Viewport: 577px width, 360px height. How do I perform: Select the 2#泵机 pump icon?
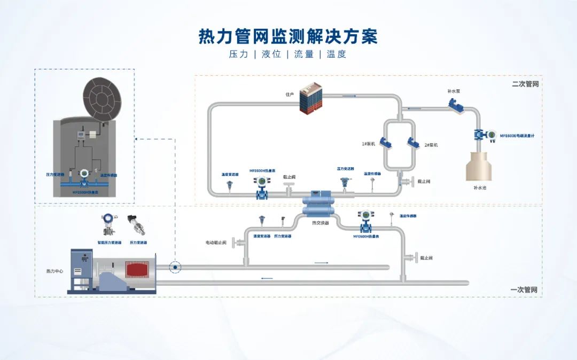coord(412,143)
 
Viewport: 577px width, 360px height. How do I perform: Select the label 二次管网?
coord(525,84)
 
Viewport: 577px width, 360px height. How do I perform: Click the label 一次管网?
coord(524,289)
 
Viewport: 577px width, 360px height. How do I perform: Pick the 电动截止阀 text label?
coord(216,242)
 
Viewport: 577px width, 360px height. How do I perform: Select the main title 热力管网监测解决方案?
coord(288,36)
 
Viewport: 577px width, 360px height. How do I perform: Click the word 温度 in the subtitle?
coord(337,54)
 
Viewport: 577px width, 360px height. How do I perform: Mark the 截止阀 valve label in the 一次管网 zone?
coord(426,258)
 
